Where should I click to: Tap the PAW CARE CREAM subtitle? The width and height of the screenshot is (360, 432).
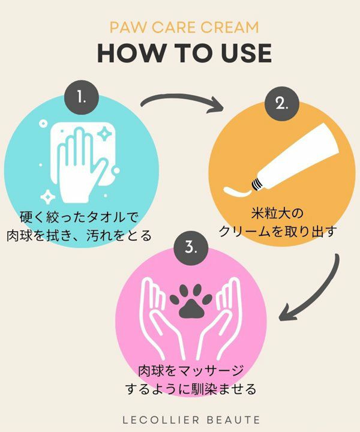tap(184, 27)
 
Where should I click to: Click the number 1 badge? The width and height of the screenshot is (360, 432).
tap(82, 97)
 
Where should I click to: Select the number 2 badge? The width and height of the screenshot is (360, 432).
tap(282, 104)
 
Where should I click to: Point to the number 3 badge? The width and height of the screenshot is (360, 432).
tap(191, 248)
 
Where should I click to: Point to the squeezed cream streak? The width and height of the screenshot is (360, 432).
tap(238, 192)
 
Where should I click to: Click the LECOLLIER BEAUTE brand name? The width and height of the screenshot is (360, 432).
tap(191, 420)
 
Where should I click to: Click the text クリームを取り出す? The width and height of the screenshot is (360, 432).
tap(278, 232)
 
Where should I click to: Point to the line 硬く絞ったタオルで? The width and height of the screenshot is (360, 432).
tap(79, 217)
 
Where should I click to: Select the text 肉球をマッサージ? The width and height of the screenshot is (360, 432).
tap(191, 371)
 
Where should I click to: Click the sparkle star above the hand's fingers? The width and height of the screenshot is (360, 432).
tap(104, 134)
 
